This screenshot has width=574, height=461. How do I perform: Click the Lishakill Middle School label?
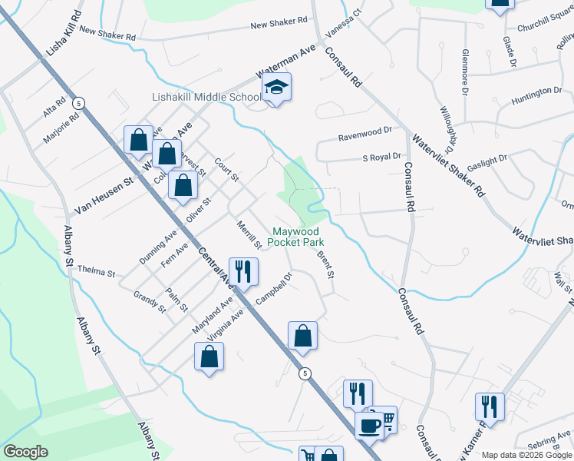pos(206,98)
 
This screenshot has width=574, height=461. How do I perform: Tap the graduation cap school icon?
pos(277,88)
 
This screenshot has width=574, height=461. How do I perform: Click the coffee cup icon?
pos(369,425)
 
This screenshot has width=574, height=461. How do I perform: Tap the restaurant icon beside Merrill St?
pos(243,271)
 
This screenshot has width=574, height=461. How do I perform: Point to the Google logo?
pos(25,452)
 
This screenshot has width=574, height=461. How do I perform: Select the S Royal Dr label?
pos(381,158)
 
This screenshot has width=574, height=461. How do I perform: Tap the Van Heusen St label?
pos(104,196)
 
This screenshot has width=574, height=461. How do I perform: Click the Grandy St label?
pos(149,301)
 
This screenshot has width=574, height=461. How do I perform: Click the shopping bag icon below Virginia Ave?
pos(209,356)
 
